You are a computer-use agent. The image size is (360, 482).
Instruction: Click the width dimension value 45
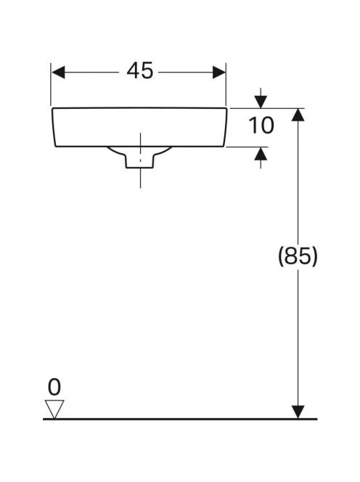139,71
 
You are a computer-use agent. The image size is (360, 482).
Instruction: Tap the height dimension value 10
261,126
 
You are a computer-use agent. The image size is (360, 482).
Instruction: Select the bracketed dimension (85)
298,256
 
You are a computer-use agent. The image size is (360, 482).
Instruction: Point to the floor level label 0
54,387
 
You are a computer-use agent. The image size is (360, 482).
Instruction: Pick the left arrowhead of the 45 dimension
58,73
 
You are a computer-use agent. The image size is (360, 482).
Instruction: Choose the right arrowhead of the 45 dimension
219,73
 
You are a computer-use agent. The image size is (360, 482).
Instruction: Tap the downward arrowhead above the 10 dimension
261,102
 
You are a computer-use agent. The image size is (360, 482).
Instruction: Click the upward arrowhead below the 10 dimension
261,153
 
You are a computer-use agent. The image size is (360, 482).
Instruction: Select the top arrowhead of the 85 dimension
298,115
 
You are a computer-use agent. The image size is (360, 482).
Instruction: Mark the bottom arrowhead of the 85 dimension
298,412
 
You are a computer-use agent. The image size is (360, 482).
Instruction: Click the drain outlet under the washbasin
139,157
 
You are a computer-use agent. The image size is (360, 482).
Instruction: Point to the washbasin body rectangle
139,127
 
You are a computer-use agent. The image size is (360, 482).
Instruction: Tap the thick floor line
180,419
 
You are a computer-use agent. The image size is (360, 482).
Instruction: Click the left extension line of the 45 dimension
51,84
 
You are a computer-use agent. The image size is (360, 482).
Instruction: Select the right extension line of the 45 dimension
226,84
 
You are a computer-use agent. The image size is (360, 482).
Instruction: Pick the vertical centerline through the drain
141,160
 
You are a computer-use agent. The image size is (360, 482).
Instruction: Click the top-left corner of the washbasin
52,108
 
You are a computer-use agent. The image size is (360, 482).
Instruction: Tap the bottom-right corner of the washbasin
224,147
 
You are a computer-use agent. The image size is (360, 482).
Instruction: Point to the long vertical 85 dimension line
298,264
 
